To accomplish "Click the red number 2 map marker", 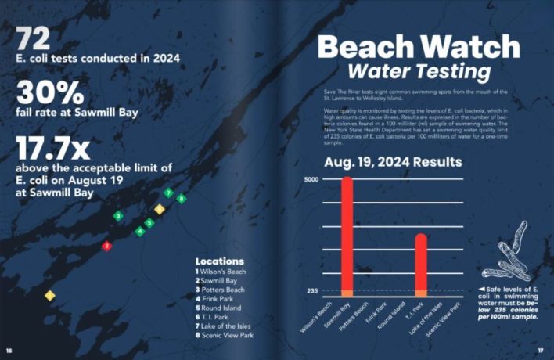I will [x=107, y=246].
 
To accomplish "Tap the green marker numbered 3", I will [x=118, y=215].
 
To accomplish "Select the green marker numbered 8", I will [x=182, y=199].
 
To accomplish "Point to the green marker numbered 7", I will [x=168, y=193].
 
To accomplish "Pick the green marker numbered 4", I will [x=140, y=231].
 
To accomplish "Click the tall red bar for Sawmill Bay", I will [x=347, y=235].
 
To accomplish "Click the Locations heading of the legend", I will [x=219, y=261].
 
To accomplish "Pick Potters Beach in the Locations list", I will [x=225, y=289].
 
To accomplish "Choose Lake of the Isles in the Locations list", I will [x=230, y=326].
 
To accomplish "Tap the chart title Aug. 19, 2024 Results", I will [x=393, y=164].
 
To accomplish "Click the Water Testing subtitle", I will [x=419, y=73].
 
